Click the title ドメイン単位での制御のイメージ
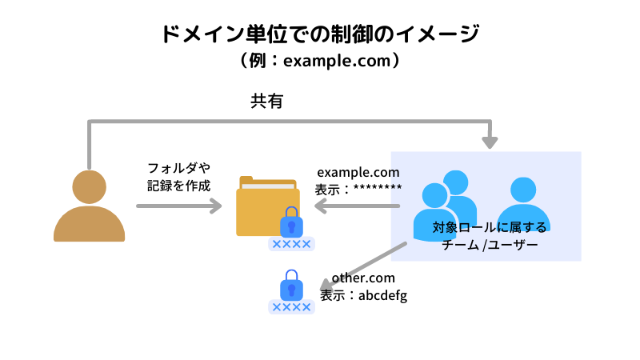[320, 34]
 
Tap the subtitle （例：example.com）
[320, 61]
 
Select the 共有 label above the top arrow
[267, 101]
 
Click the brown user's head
[89, 186]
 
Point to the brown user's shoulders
[89, 226]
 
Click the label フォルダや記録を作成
[178, 177]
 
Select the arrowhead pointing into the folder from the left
[216, 206]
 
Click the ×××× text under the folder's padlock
[291, 244]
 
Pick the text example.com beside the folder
[358, 172]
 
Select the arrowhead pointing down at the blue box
[490, 142]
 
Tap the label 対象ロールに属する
[490, 228]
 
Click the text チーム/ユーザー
[490, 246]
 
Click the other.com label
[364, 278]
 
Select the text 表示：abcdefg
[364, 295]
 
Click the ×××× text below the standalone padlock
[291, 307]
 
